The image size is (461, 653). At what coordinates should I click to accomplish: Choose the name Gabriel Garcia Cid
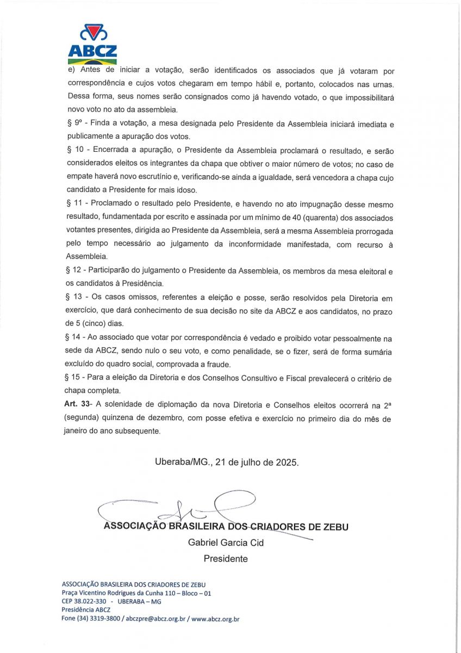[226, 543]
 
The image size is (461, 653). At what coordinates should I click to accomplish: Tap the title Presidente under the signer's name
[226, 558]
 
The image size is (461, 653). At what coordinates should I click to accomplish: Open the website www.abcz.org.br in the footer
[215, 619]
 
